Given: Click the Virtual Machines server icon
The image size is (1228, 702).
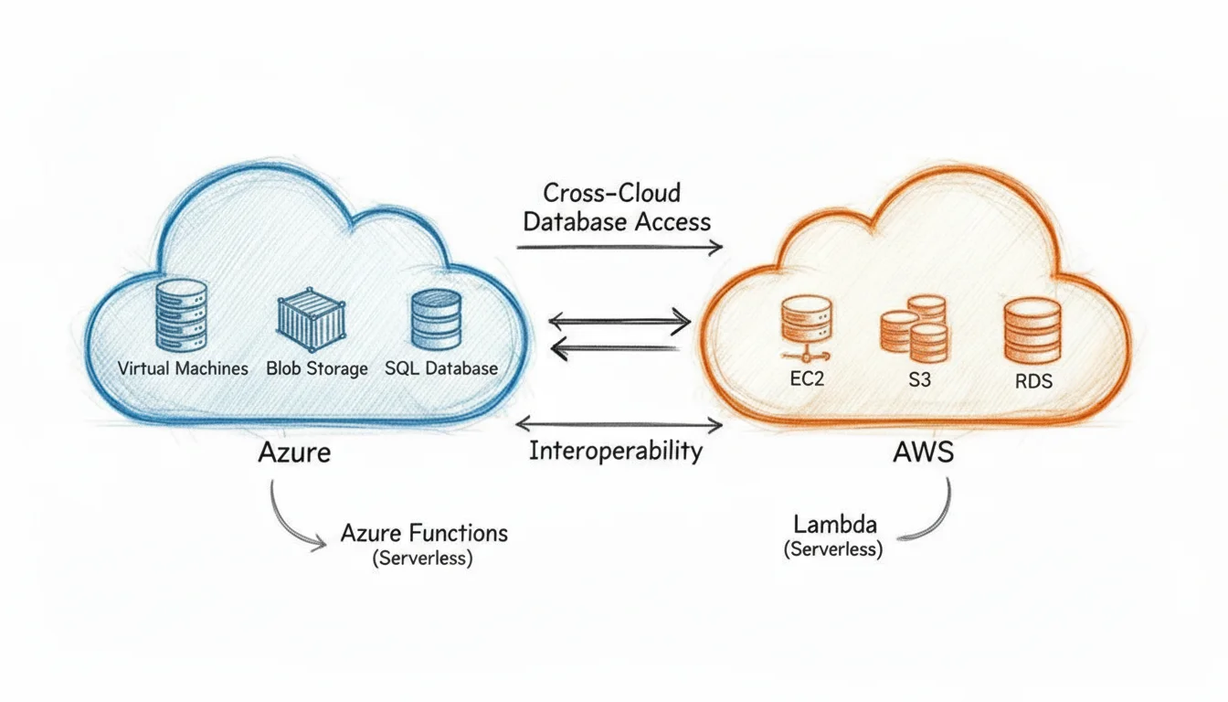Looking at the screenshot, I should tap(183, 314).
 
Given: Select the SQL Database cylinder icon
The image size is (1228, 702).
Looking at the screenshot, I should tap(436, 319).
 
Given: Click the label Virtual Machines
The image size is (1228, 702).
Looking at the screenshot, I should tap(183, 368).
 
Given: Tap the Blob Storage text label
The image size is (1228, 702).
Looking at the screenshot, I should tap(317, 368).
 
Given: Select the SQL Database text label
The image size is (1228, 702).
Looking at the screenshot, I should tap(441, 368).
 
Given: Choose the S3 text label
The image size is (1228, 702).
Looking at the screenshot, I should tap(919, 379).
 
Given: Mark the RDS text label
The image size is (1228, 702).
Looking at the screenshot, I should tap(1033, 382).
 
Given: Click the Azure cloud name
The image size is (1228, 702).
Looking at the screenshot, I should tap(294, 452).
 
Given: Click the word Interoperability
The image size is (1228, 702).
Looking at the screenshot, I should tap(616, 452).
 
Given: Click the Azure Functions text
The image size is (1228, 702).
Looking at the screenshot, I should tap(423, 533).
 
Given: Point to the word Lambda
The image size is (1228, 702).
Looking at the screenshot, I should tap(835, 525).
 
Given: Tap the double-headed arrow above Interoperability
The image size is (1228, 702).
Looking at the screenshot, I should tap(619, 424).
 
